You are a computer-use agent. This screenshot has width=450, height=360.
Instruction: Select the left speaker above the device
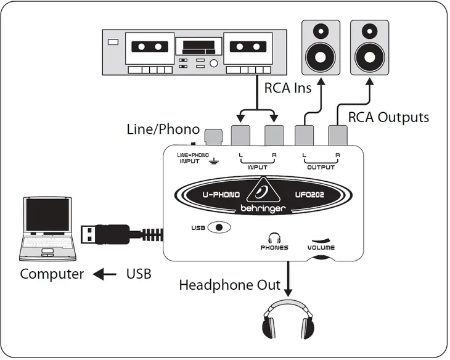pos(319,47)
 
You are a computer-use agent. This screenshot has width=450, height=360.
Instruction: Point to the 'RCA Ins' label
pos(287,88)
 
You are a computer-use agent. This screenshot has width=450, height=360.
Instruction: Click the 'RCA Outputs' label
pos(388,117)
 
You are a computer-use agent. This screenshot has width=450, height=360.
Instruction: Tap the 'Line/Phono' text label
pos(163,129)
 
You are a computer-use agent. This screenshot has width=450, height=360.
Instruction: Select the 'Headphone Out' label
pos(229,285)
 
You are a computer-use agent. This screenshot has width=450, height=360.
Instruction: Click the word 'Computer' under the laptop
pos(52,274)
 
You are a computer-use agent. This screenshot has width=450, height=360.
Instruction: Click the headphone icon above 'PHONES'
pos(274,237)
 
